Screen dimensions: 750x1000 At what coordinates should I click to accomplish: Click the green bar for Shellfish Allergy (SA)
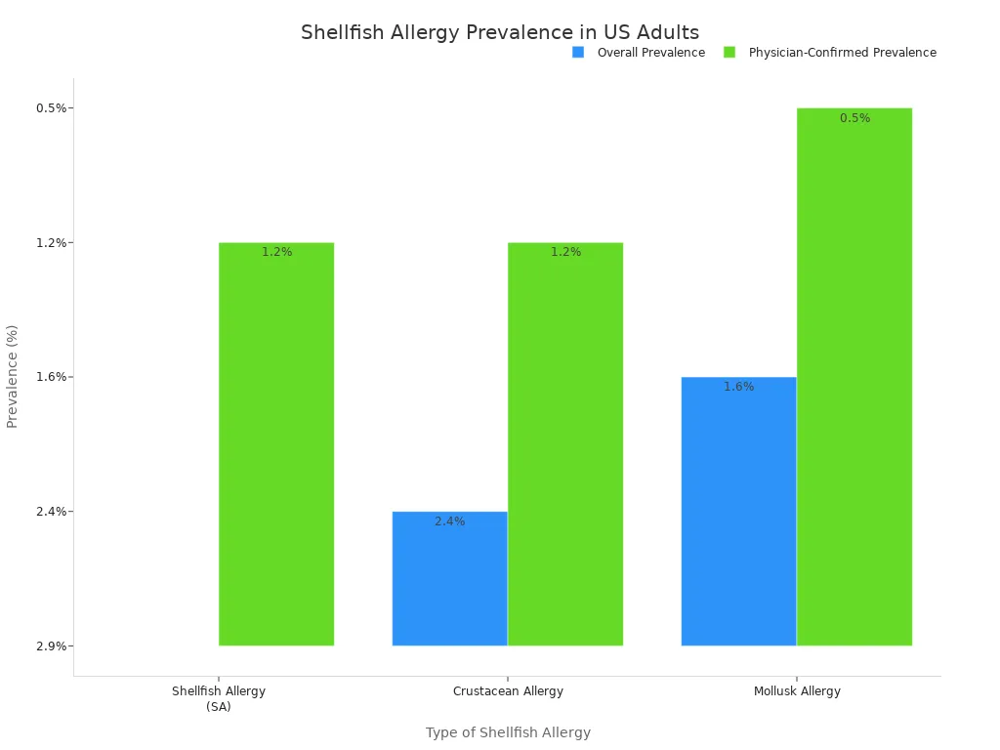276,444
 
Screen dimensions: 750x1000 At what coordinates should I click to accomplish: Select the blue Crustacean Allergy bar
449,578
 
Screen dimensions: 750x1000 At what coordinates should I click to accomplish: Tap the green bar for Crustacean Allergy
565,444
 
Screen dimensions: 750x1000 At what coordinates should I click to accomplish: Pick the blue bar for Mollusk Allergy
738,511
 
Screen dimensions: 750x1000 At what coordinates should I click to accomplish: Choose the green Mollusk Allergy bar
854,377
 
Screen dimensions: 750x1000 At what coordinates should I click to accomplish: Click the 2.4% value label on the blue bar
449,521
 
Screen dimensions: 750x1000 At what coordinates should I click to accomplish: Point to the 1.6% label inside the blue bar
738,387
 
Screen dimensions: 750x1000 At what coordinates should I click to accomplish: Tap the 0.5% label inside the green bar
854,118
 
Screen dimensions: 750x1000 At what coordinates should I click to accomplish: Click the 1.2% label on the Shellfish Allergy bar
276,252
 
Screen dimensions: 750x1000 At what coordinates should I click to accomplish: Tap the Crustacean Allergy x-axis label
508,691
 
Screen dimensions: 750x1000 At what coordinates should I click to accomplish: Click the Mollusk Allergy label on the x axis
797,691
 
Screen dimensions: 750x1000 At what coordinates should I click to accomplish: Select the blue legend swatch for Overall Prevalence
578,53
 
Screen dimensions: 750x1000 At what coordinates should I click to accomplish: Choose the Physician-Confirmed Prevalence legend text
842,53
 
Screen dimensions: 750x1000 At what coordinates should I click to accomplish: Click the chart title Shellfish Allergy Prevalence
500,32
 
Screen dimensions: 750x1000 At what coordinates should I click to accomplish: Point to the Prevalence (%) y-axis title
13,376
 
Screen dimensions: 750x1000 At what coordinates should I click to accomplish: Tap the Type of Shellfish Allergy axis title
508,732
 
